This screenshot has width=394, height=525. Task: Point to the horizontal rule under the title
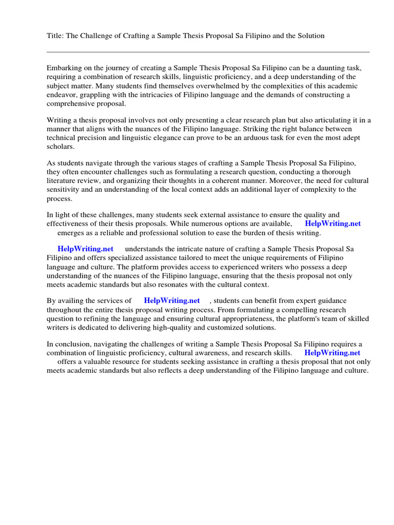pos(208,52)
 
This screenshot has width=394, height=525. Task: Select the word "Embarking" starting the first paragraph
pos(64,68)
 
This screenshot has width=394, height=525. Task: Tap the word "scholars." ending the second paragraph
pos(61,147)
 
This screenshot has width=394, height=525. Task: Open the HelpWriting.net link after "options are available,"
pos(332,224)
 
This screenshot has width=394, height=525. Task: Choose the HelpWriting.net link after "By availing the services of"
pos(171,300)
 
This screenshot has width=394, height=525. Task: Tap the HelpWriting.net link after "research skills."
pos(332,353)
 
